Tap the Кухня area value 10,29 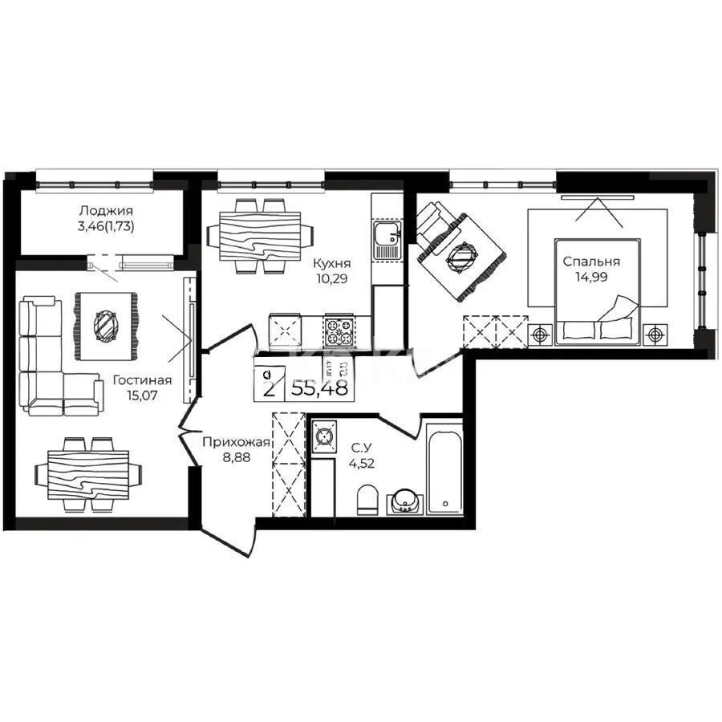[329, 279]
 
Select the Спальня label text [591, 262]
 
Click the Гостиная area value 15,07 [142, 395]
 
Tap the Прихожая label [236, 442]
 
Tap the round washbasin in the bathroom [404, 499]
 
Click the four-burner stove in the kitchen [337, 328]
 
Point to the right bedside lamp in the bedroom [656, 331]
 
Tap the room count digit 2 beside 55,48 [267, 390]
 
